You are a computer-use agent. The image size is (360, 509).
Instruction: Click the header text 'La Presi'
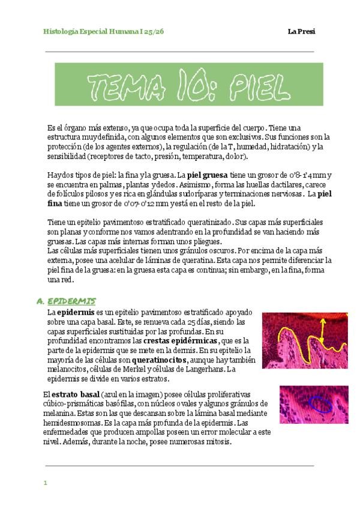coord(301,31)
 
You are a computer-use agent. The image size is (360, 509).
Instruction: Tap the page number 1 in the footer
coord(45,483)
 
